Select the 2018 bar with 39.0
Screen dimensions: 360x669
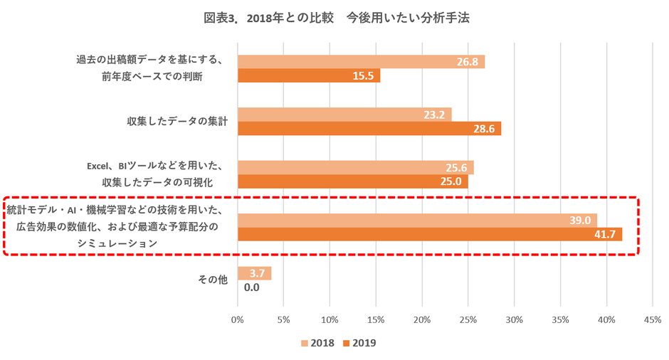416,221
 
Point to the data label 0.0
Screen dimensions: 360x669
251,287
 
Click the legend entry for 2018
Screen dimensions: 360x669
317,343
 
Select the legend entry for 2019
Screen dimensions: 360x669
359,343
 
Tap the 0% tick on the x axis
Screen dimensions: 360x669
238,320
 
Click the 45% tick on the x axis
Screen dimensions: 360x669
653,320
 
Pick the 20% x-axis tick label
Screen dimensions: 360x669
422,320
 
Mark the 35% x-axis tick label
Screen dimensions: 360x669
560,320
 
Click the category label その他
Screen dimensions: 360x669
212,280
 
